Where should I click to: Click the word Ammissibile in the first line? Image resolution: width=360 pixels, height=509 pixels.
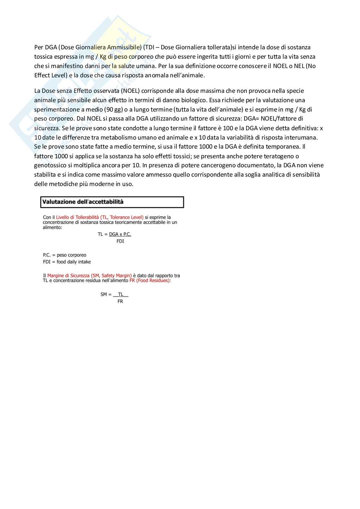click(x=124, y=47)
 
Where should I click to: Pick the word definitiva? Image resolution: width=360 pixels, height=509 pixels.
click(x=304, y=128)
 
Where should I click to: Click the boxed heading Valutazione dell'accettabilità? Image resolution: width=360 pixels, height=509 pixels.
click(x=83, y=202)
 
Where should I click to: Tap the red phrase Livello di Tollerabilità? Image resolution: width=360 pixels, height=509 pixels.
click(x=77, y=217)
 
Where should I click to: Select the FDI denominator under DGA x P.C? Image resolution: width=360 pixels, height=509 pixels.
click(x=120, y=241)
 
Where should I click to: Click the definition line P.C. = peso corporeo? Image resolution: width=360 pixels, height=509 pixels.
click(x=65, y=255)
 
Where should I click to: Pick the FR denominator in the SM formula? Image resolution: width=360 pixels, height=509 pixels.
click(x=120, y=301)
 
